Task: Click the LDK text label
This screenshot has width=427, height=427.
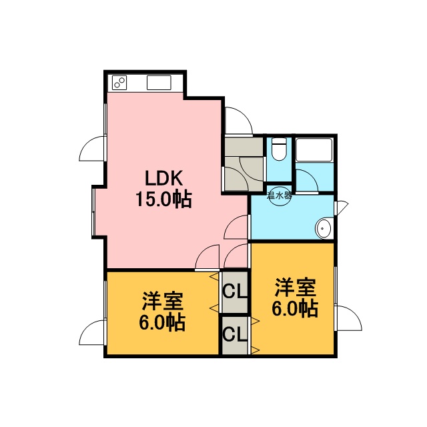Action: (163, 178)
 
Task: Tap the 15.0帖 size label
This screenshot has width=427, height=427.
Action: (163, 199)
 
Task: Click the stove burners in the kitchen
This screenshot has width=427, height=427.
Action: (119, 82)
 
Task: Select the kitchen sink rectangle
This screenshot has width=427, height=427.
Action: (159, 83)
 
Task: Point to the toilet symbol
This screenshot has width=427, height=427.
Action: (280, 149)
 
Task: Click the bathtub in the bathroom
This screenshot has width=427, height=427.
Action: (314, 150)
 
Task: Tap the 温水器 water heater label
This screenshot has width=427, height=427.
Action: (280, 195)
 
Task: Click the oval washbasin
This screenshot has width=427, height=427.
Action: (323, 228)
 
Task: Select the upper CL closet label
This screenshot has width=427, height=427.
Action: (235, 291)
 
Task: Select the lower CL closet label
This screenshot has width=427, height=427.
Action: (235, 334)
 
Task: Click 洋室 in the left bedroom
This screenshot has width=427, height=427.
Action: (163, 301)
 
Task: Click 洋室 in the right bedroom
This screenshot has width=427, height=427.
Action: (295, 287)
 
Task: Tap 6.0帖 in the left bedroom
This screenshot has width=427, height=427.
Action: (163, 322)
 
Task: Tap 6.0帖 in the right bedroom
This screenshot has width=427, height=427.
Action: (295, 308)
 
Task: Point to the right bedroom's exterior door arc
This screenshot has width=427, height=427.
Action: (355, 313)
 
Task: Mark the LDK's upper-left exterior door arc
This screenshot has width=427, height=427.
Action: (86, 144)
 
